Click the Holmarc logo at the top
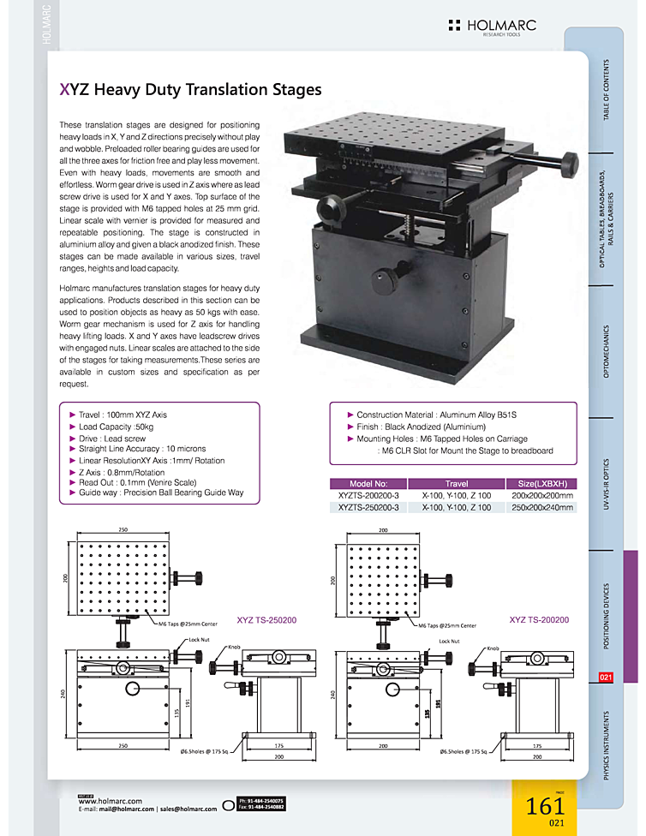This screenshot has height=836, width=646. pyautogui.click(x=492, y=27)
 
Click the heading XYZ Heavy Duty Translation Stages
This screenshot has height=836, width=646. pyautogui.click(x=191, y=89)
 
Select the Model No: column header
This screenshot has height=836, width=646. pyautogui.click(x=369, y=483)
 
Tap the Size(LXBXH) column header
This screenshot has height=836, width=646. pyautogui.click(x=541, y=483)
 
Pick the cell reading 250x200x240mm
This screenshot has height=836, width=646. pyautogui.click(x=541, y=507)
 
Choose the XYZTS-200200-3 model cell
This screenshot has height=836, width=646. pyautogui.click(x=369, y=495)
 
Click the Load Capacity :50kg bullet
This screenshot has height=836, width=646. pyautogui.click(x=116, y=427)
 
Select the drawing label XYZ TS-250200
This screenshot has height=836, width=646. pyautogui.click(x=266, y=619)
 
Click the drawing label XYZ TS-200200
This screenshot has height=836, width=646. pyautogui.click(x=540, y=619)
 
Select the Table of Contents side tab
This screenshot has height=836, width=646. pyautogui.click(x=607, y=90)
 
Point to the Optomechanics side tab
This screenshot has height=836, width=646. pyautogui.click(x=607, y=351)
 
